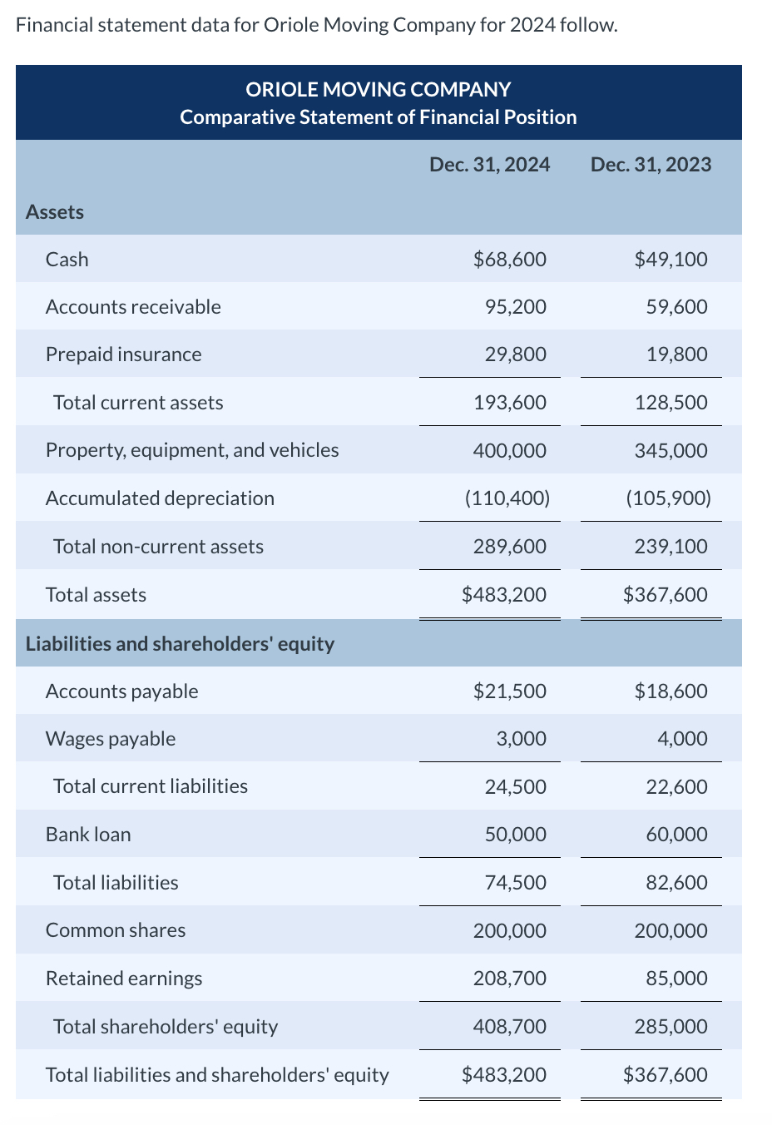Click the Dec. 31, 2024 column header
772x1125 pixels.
489,165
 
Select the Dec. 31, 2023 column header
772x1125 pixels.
651,165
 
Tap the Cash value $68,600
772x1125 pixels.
509,260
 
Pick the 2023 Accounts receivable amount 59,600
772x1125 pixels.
676,307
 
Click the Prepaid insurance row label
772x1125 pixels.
123,354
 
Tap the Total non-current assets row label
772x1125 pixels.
158,547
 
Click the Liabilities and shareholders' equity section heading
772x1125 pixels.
180,644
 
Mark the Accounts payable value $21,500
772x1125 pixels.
509,691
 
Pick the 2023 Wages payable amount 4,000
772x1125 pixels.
682,739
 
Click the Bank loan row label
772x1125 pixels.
88,835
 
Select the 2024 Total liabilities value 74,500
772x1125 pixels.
515,883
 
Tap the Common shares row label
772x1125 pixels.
116,930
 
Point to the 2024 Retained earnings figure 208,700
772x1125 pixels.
509,979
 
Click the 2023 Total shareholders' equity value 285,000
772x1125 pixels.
671,1027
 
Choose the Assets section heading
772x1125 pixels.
55,212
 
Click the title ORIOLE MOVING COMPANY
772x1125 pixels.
379,89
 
